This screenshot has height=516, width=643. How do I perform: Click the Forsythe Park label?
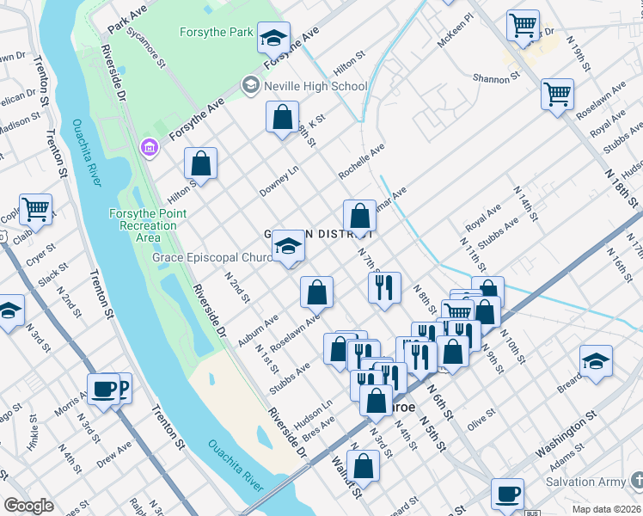216,33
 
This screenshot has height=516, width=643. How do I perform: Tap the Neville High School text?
315,86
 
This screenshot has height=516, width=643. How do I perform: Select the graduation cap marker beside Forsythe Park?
273,38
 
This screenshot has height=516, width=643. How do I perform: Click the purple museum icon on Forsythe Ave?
150,148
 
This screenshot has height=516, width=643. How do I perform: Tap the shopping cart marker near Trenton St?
35,209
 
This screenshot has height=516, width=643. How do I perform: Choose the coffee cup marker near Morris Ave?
103,390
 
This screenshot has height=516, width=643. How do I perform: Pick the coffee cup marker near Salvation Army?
507,495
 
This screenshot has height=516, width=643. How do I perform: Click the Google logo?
29,506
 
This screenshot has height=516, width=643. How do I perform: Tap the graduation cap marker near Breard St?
596,361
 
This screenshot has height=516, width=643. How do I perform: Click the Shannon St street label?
497,77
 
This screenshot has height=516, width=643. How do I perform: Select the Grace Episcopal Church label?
212,257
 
